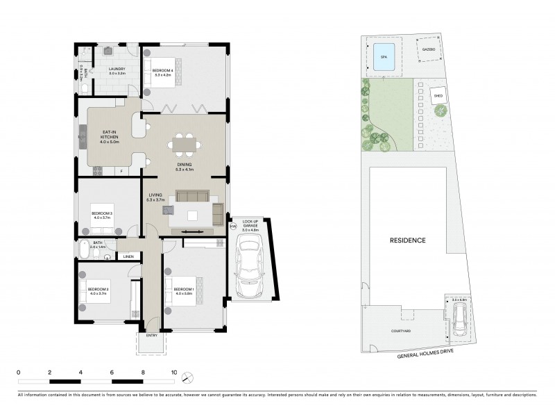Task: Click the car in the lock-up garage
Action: point(248,264)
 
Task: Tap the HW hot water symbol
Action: point(232,226)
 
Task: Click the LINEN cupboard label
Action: point(128,257)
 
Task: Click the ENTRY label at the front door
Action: point(152,336)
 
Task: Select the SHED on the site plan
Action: point(438,96)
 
